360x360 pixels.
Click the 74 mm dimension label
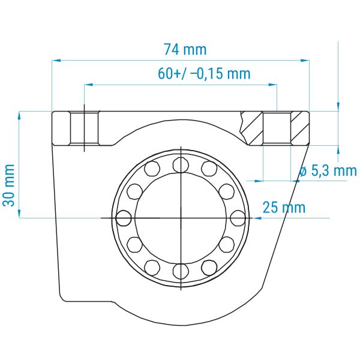(185, 49)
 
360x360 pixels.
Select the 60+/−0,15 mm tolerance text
(204, 73)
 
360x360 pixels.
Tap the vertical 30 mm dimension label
(9, 185)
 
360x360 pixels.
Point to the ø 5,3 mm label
(328, 170)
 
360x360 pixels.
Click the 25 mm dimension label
(284, 208)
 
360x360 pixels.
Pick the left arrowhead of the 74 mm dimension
(56, 61)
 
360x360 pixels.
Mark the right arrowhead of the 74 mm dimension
(304, 61)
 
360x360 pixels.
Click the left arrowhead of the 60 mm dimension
(89, 85)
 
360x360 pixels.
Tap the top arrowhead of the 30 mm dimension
(19, 116)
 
